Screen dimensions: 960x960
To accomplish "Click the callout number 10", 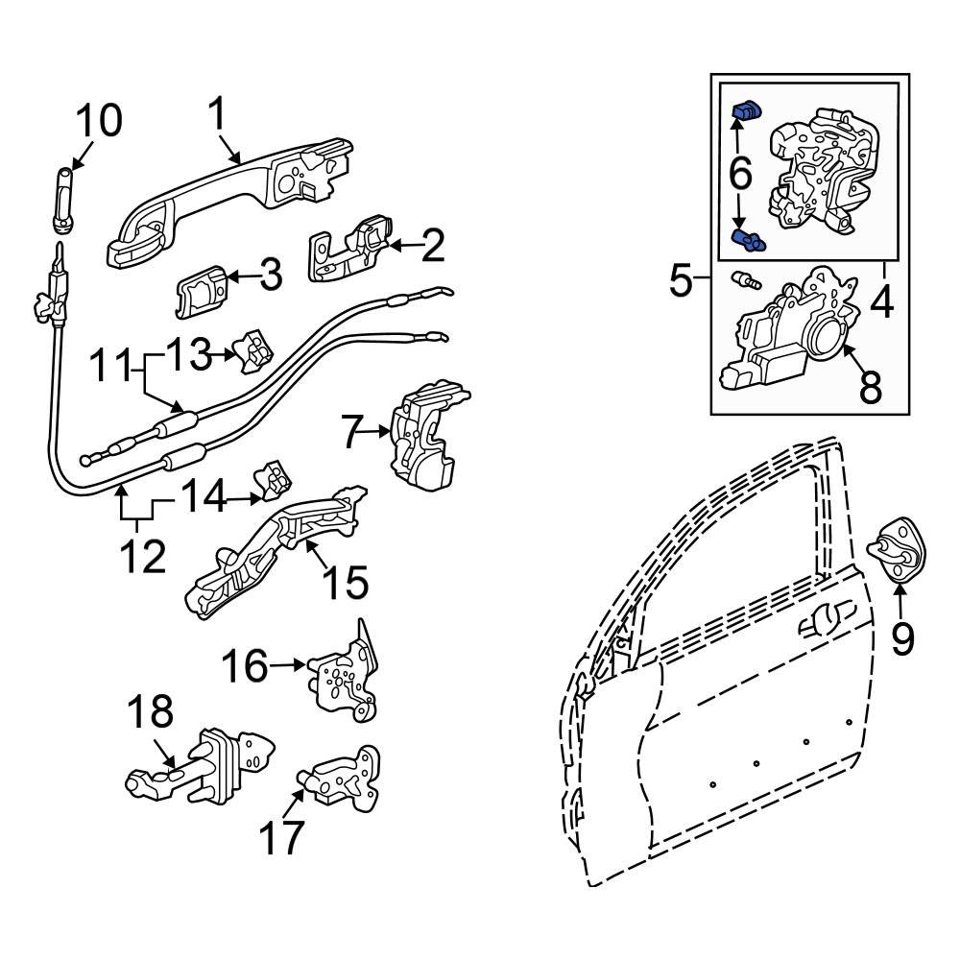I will (99, 122).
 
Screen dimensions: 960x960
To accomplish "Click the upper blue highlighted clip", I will (746, 112).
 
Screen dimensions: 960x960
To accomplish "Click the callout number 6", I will (740, 174).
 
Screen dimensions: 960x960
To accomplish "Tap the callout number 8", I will (871, 389).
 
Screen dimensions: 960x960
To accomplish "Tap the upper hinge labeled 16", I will (343, 677).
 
